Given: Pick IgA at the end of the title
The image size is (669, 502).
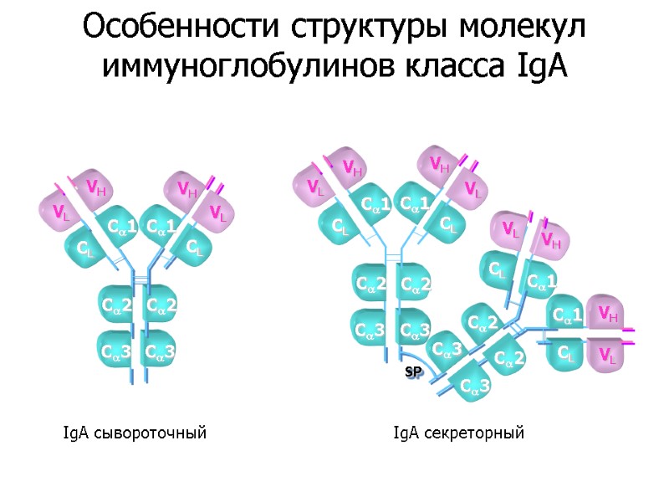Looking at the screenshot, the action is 538,66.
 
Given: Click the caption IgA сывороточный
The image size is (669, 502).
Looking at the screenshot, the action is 135,433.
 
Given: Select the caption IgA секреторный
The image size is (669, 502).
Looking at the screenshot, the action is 459,433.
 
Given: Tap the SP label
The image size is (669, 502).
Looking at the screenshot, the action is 412,371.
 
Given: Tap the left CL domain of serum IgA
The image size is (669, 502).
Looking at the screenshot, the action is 85,248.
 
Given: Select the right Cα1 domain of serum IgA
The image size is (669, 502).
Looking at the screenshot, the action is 163,226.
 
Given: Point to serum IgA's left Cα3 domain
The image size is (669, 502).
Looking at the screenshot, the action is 115,351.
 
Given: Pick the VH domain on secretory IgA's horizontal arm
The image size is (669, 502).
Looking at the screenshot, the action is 608,314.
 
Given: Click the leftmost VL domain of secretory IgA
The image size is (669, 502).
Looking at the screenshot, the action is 314,186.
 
